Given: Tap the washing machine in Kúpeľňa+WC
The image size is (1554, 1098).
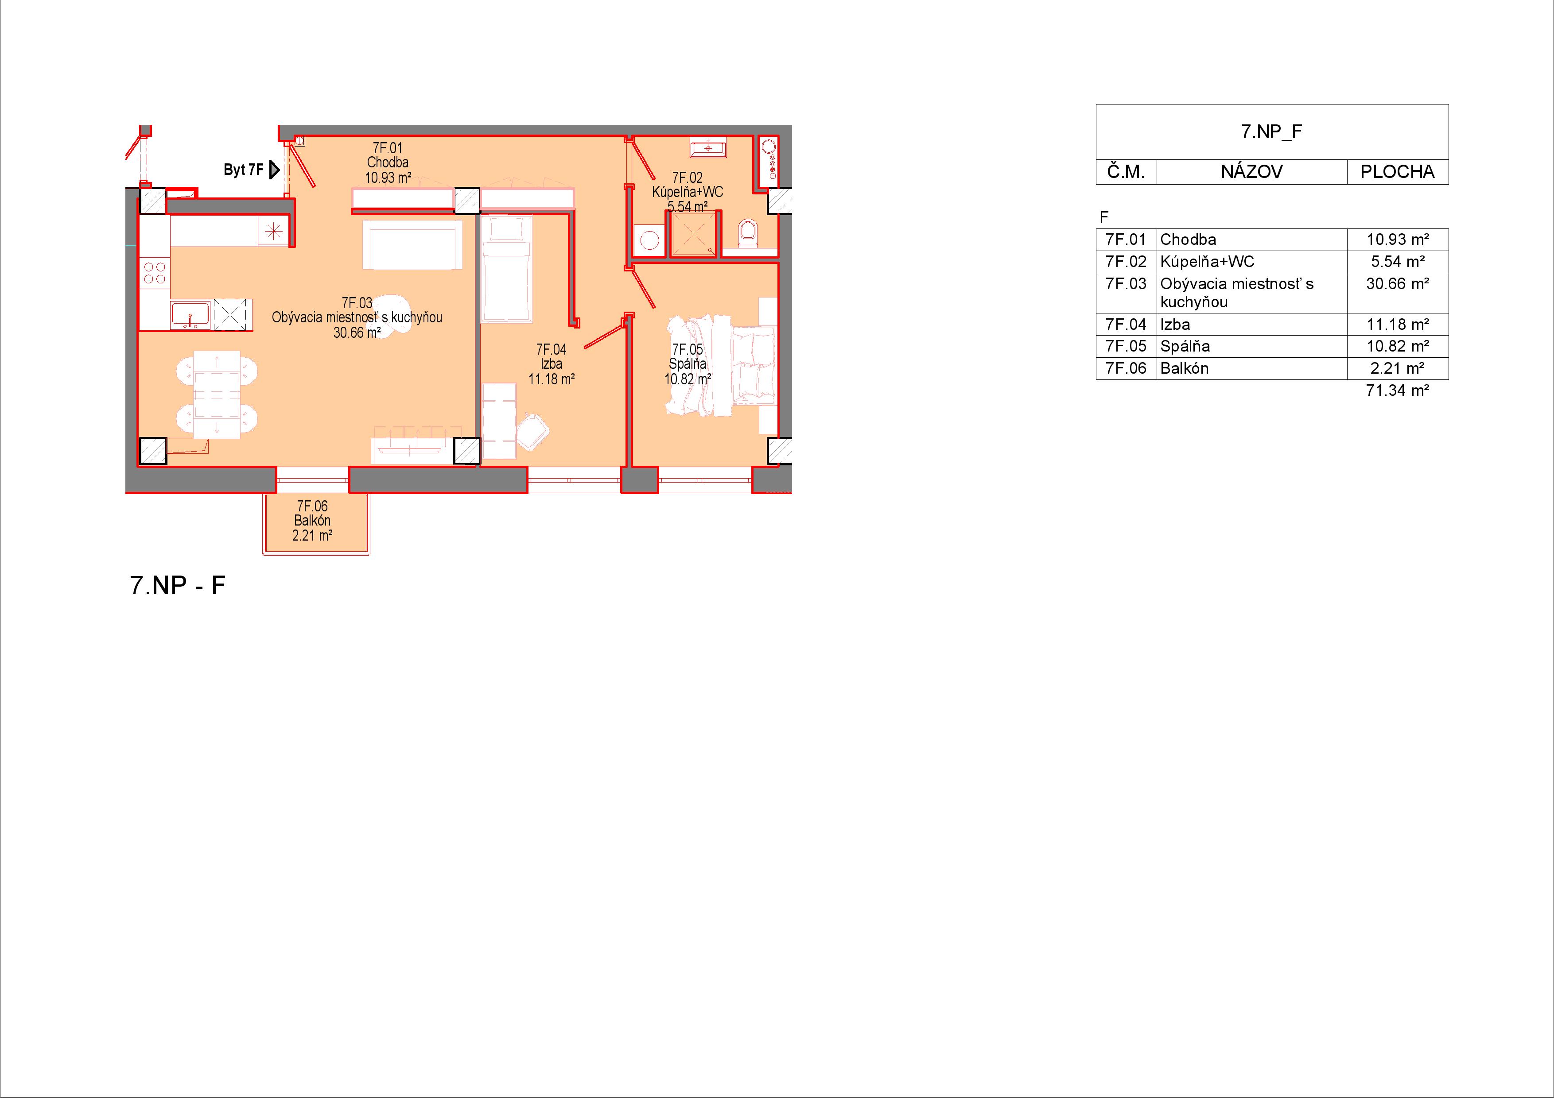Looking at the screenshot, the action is tap(650, 240).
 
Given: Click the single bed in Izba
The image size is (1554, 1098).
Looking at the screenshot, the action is tap(506, 268).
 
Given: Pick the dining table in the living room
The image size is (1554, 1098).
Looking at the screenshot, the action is tap(217, 394).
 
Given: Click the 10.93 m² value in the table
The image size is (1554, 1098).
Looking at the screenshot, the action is tap(1397, 240).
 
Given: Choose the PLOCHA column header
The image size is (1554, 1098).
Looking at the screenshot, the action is tap(1397, 172).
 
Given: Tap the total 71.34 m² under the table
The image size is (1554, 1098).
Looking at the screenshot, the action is tap(1397, 390).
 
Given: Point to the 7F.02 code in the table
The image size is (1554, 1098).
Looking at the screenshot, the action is tap(1126, 262).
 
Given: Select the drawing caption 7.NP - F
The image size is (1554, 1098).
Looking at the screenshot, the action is tap(177, 585).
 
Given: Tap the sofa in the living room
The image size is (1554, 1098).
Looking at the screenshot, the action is tap(413, 244).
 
